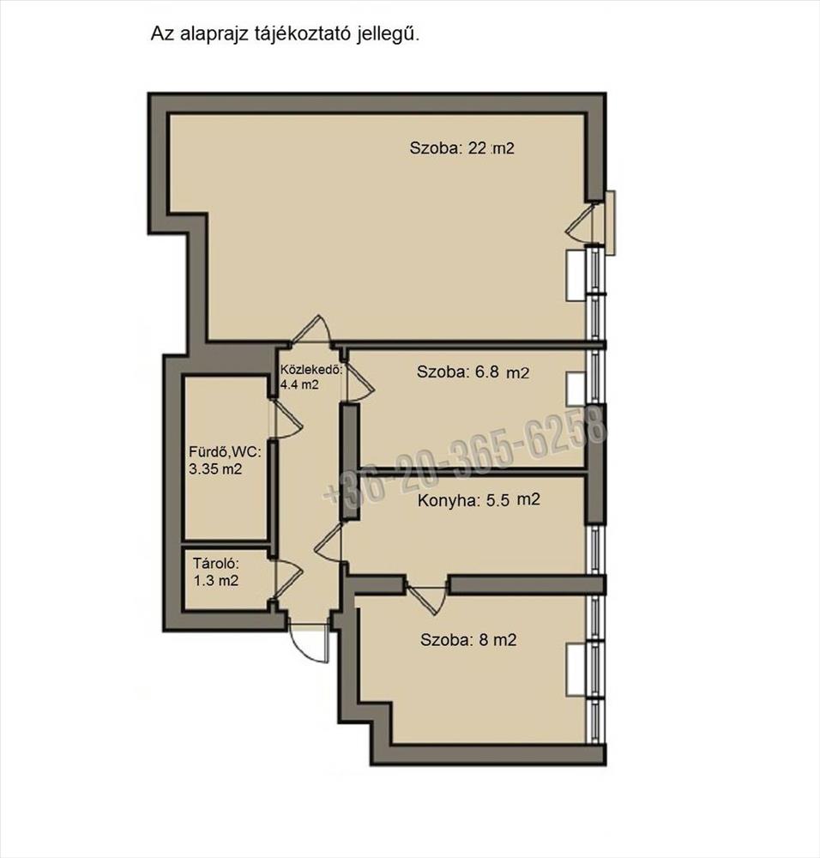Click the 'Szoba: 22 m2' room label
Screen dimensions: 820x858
[462, 148]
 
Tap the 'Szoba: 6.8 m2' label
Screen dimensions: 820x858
[473, 372]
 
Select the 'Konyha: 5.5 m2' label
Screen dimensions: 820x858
[479, 500]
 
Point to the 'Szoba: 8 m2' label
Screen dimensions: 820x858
[468, 640]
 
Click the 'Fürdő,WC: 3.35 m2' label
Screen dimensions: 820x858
[225, 460]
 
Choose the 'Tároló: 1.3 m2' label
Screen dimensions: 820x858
[216, 571]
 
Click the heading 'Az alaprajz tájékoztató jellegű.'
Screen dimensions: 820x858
[285, 34]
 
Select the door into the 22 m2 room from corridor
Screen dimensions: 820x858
[311, 330]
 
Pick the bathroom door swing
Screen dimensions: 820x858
[286, 419]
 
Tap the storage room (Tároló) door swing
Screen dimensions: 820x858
[286, 580]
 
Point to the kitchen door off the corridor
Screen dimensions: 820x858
[329, 542]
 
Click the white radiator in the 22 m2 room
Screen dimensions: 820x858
[576, 275]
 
